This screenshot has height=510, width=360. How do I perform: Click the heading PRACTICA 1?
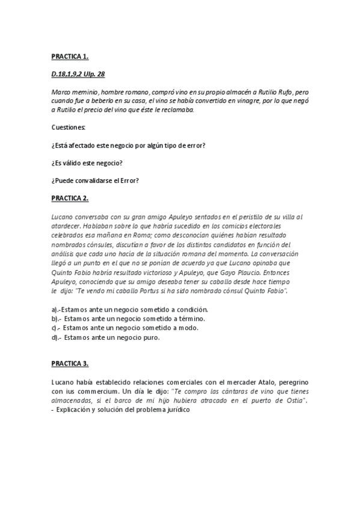(x=70, y=57)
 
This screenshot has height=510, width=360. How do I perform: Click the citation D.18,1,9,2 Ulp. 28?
(x=79, y=74)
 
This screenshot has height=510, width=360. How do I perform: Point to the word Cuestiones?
(x=68, y=128)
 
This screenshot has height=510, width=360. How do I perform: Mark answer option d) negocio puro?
(x=105, y=337)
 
